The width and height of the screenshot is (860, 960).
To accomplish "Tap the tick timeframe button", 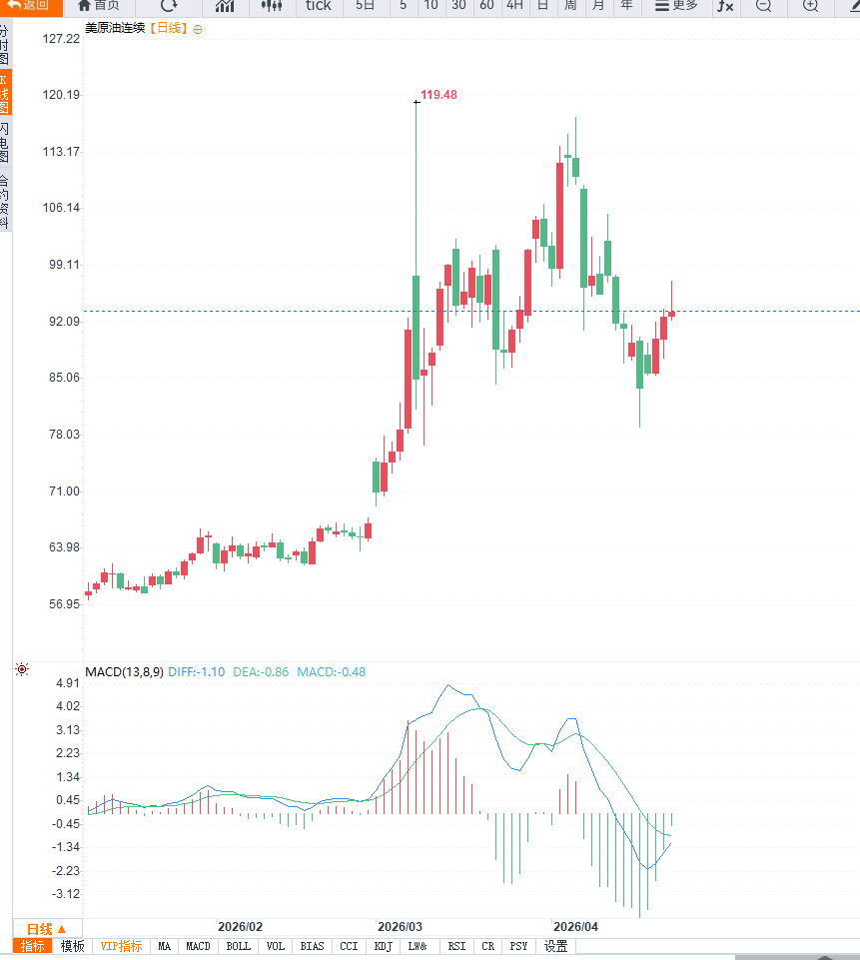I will pos(318,6).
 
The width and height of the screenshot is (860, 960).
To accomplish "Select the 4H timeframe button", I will pos(514,6).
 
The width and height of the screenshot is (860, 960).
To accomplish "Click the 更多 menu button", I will pos(676,6).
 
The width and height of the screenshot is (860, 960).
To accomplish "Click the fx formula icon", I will pos(725,6).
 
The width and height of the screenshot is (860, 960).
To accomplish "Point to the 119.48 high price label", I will pos(438,95).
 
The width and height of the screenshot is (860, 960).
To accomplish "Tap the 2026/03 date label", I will pos(400,926).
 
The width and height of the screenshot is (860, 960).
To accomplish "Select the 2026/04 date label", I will pos(575,926).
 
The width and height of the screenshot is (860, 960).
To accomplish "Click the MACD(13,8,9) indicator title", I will pos(124,672).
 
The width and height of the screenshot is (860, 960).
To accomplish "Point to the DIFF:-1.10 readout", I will pos(197,672).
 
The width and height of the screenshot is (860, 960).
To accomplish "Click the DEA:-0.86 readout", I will pos(261,672).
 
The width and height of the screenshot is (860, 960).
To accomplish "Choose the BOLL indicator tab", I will pos(238,946).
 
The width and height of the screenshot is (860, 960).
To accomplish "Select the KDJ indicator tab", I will pos(383,946).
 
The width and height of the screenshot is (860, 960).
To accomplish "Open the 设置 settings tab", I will pos(556,946).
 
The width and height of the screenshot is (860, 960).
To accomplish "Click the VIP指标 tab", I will pos(122,946).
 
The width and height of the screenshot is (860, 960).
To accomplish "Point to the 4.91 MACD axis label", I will pos(68,683).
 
